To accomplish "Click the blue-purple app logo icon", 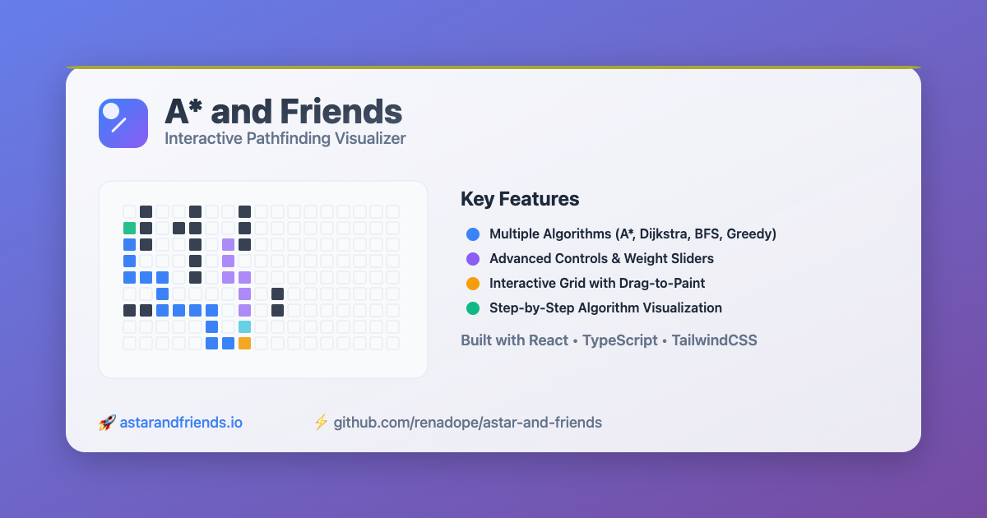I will point(123,123).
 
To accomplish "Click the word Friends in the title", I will point(341,112).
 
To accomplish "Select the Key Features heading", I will point(520,199).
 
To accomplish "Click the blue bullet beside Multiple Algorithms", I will point(472,234).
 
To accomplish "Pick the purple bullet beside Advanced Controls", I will point(472,259).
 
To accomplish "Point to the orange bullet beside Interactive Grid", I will point(472,284).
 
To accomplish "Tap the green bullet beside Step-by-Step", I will point(472,308).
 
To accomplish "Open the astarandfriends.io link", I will point(181,423).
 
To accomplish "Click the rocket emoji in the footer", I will point(106,423).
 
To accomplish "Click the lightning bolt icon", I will point(321,423).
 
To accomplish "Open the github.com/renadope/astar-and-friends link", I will point(467,423).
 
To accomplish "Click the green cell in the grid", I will point(129,228).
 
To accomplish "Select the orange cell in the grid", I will point(244,343).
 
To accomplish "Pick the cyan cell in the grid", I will point(244,326).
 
